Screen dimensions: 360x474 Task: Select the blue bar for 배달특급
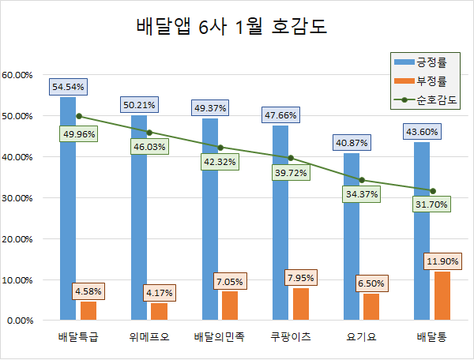point(68,213)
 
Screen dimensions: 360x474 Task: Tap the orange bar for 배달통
point(442,296)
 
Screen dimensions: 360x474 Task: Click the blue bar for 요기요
point(352,237)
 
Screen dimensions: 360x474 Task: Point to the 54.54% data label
point(69,86)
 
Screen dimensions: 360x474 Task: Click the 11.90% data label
point(442,261)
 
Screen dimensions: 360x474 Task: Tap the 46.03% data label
point(148,146)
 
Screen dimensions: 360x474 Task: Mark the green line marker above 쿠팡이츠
point(291,158)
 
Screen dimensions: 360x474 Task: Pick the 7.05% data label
point(228,280)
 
